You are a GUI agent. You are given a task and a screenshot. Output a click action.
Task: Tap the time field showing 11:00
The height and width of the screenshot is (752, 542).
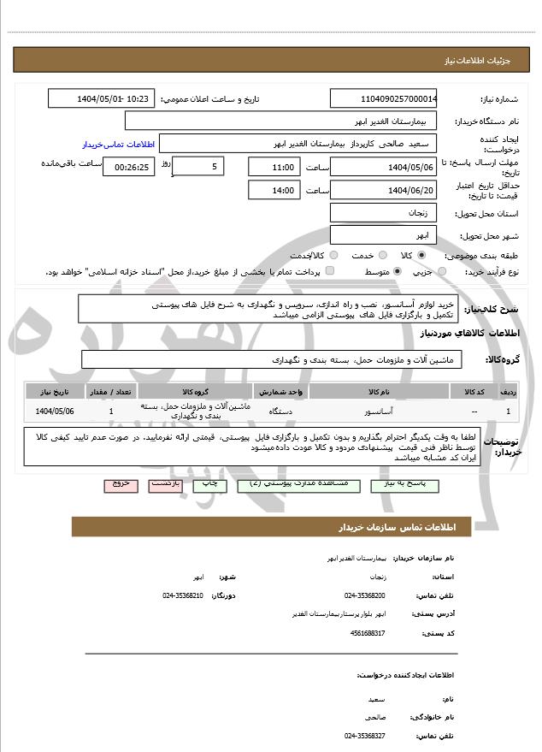274,166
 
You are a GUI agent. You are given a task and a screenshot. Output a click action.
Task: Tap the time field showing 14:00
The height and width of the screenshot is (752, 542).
274,189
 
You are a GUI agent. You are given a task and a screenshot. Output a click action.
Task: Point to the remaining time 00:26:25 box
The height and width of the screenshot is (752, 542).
128,166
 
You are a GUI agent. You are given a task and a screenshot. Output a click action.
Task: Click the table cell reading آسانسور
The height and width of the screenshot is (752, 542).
379,412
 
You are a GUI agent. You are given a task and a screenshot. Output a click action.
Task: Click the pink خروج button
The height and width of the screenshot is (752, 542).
121,484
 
